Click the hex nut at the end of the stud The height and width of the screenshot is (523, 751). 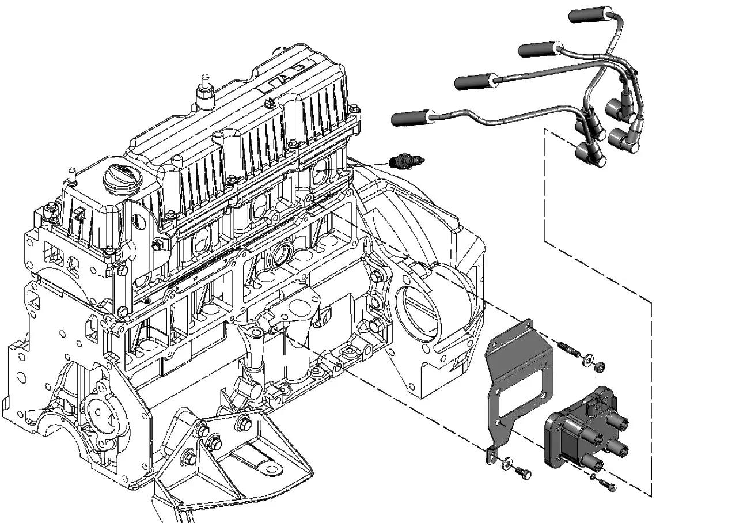pyautogui.click(x=599, y=365)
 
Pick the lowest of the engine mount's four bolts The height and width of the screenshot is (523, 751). pyautogui.click(x=189, y=458)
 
